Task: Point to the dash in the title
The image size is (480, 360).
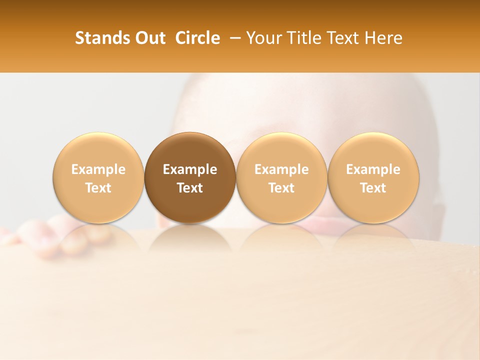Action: [233, 38]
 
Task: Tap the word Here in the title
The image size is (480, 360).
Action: [384, 38]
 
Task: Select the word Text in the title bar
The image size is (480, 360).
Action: [342, 38]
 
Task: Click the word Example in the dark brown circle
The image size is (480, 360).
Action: [190, 169]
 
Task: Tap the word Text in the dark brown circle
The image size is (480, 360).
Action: [190, 188]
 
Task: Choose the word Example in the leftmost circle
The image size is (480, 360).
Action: [98, 169]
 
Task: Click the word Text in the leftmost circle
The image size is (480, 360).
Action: [98, 188]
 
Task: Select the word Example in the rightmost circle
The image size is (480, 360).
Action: [373, 169]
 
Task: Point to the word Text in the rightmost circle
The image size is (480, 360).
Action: [373, 188]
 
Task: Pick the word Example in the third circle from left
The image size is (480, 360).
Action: [281, 169]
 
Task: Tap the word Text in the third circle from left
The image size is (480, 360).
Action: [281, 188]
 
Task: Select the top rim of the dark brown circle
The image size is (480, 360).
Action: [190, 134]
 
